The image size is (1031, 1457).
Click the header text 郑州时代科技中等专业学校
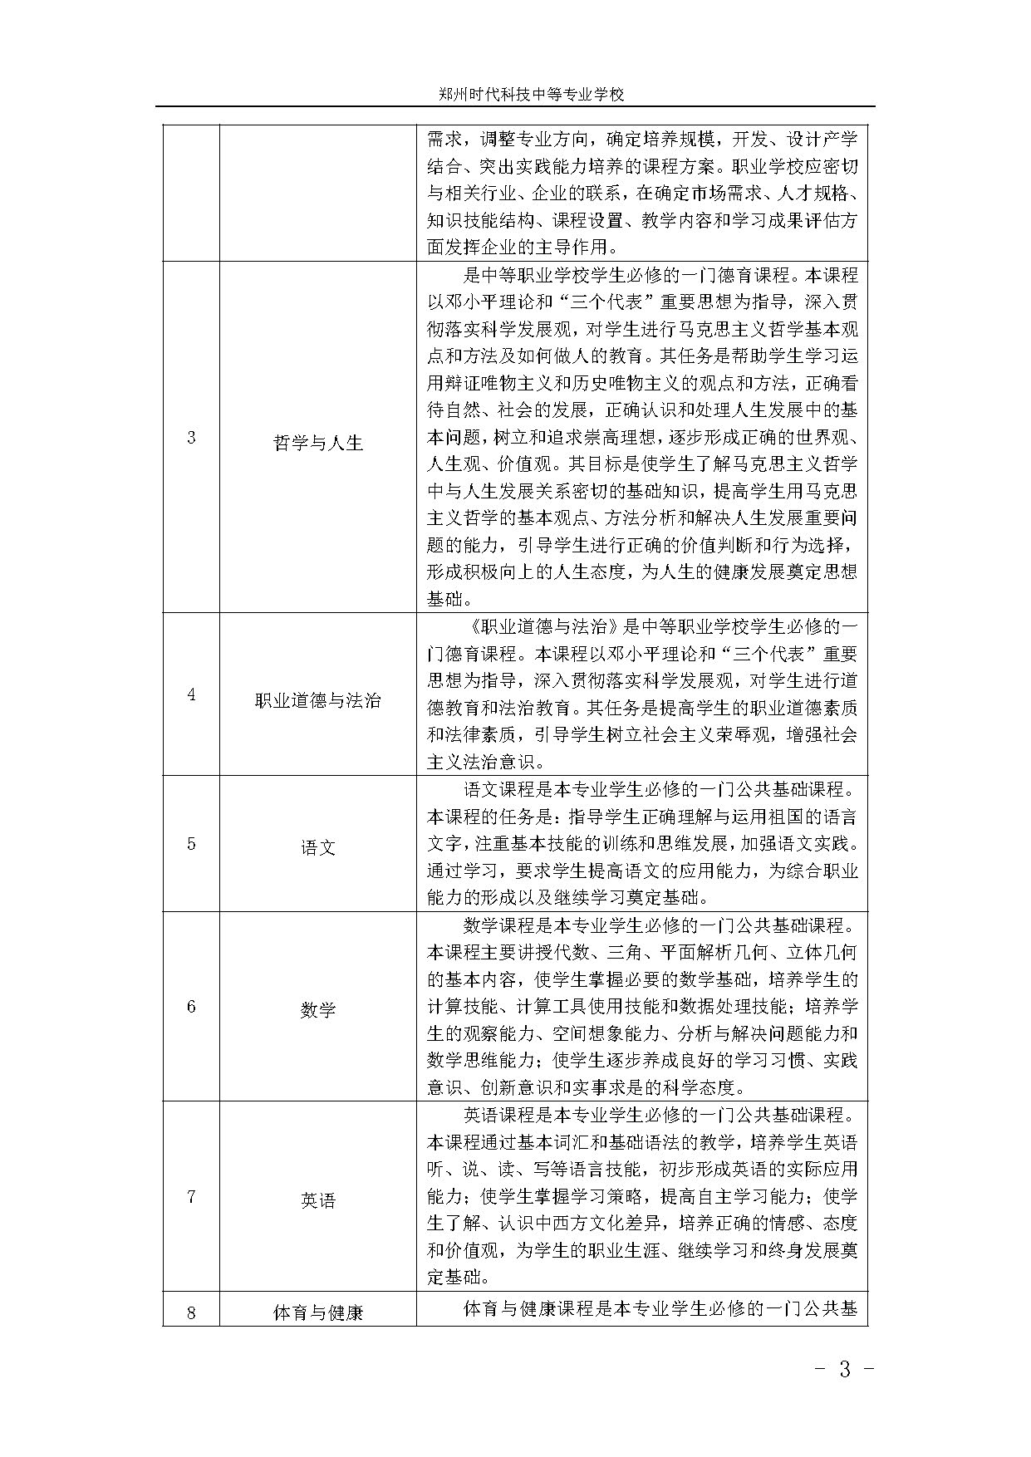click(531, 95)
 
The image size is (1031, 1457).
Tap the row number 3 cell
click(191, 438)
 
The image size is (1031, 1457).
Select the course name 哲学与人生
click(318, 443)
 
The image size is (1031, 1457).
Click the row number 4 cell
click(191, 694)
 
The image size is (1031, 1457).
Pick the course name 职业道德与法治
click(318, 700)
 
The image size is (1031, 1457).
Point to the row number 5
click(191, 844)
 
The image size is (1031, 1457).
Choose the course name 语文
click(318, 848)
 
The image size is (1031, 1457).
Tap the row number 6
click(191, 1007)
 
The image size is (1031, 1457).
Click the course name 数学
click(318, 1010)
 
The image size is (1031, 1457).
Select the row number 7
click(191, 1197)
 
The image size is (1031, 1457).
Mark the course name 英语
click(318, 1201)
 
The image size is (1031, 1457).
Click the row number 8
click(191, 1313)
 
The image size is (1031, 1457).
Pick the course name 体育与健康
click(318, 1314)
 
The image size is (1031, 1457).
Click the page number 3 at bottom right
click(845, 1369)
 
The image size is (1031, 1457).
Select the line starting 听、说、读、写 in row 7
click(641, 1169)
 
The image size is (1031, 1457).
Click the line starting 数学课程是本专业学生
click(659, 925)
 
